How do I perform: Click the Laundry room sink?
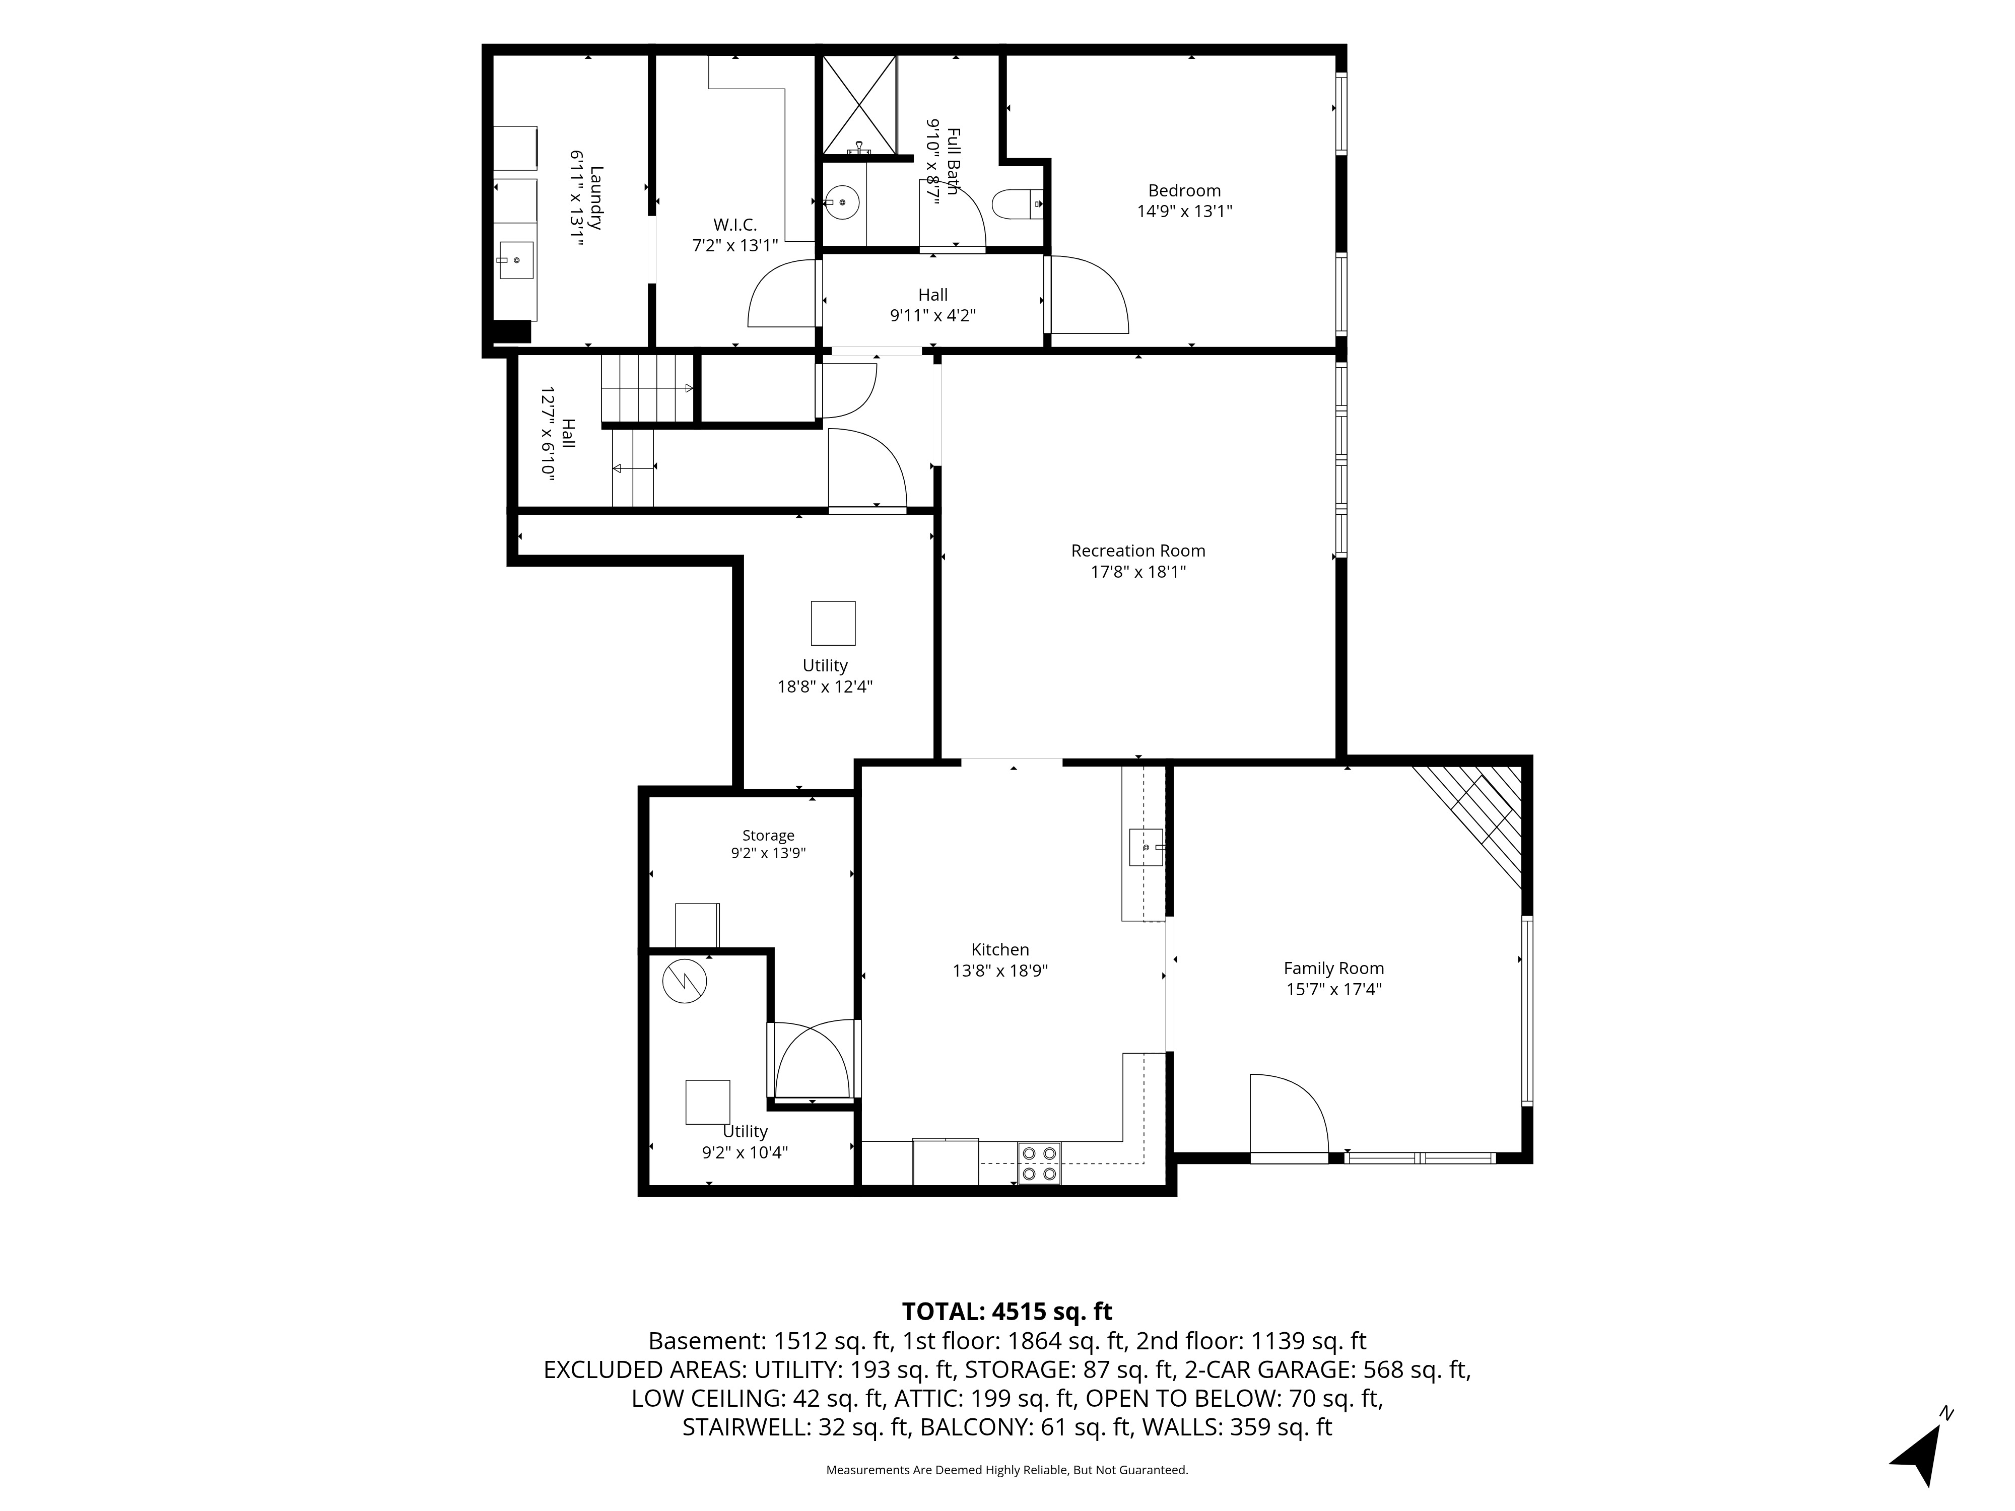[x=516, y=260]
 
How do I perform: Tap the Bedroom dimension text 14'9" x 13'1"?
[x=1184, y=212]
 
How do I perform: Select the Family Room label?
[x=1333, y=968]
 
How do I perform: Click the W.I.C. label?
[x=734, y=224]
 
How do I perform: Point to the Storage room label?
[x=768, y=835]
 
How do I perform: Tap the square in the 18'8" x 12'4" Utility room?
[x=833, y=623]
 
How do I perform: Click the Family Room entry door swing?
[x=1289, y=1116]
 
